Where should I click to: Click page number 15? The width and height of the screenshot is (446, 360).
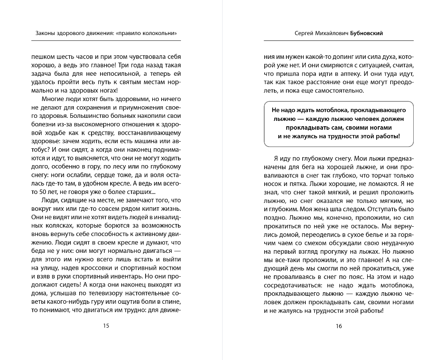coord(106,326)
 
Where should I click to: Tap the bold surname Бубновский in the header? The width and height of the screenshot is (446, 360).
coord(367,33)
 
